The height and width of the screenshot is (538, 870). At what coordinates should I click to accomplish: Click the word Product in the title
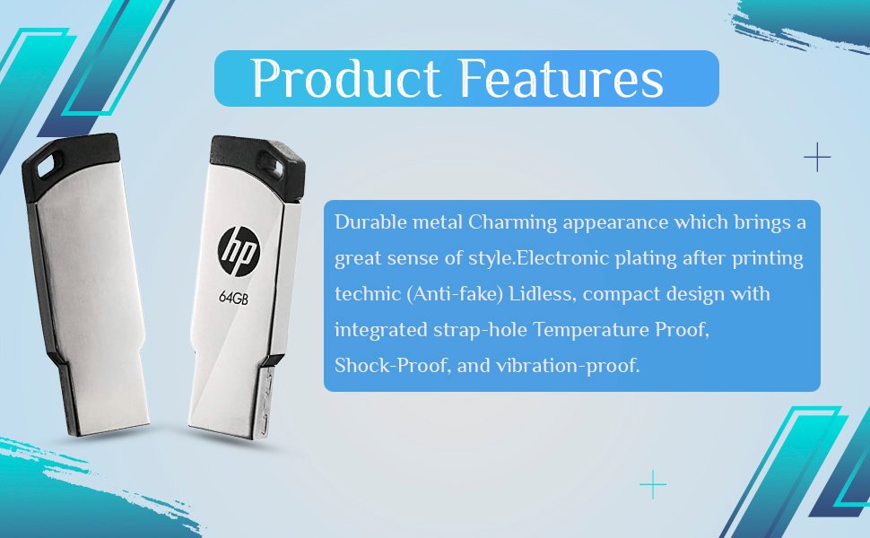click(x=346, y=78)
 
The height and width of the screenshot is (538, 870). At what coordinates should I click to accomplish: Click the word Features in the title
click(x=561, y=78)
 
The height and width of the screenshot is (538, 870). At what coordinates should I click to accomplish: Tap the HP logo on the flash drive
click(x=239, y=251)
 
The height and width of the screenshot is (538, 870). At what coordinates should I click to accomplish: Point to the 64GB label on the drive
click(x=233, y=298)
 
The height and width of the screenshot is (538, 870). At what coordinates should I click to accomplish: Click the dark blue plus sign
click(x=817, y=158)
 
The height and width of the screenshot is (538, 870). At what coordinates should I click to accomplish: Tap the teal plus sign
click(x=653, y=485)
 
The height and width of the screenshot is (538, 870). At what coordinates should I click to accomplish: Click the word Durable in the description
click(x=370, y=221)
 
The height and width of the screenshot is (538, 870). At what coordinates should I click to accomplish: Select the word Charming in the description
click(x=513, y=223)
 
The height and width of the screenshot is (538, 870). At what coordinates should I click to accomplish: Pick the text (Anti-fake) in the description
click(x=455, y=294)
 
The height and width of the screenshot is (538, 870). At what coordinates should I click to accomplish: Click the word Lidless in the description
click(x=541, y=294)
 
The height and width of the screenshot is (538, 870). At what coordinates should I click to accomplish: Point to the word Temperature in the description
click(x=591, y=331)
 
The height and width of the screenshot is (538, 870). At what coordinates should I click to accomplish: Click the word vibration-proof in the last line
click(x=568, y=366)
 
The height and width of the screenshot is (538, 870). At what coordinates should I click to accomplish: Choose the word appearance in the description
click(x=615, y=223)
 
